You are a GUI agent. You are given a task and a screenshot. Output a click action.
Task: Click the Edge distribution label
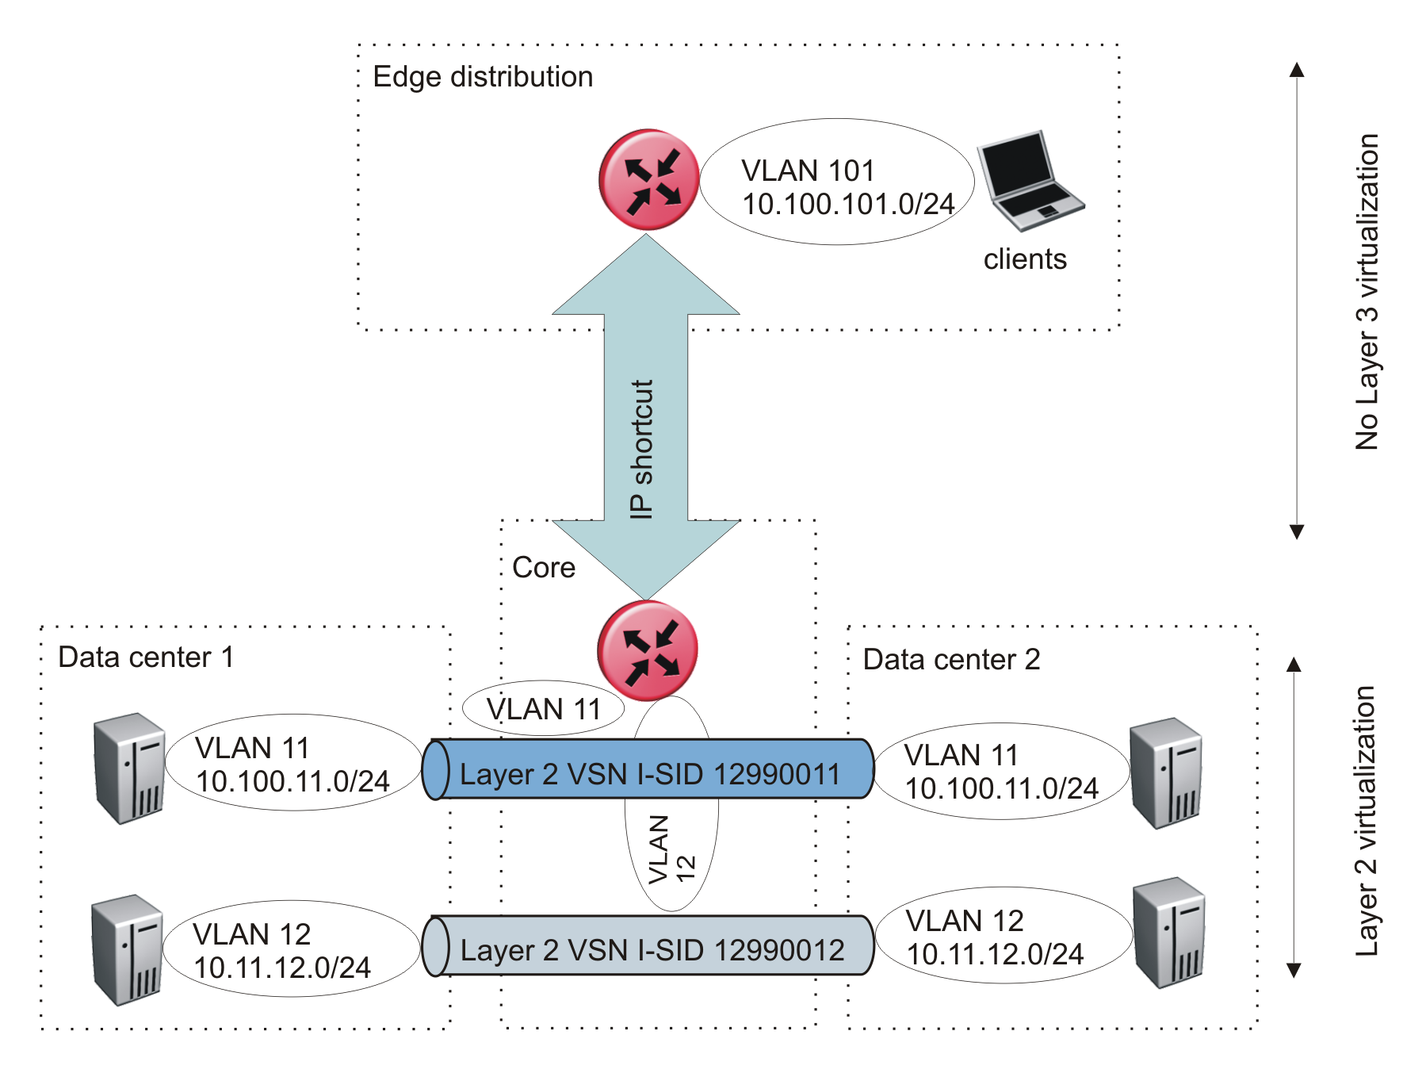click(483, 77)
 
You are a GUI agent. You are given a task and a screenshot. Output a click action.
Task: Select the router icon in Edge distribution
click(648, 180)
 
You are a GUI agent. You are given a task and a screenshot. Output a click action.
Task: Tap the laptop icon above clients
click(1029, 181)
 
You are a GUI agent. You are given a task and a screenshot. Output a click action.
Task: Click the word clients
click(1025, 259)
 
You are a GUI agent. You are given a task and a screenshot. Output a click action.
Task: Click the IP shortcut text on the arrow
click(641, 449)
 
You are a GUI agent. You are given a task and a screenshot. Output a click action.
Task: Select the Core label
click(544, 568)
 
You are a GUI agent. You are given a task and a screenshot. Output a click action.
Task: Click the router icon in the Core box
click(648, 650)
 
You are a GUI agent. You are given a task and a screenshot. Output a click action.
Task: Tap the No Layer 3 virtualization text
click(1367, 292)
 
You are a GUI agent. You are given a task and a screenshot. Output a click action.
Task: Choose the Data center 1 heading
click(146, 657)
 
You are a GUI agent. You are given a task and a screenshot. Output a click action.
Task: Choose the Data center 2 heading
click(951, 660)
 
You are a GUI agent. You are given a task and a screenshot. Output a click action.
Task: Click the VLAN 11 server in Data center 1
click(129, 768)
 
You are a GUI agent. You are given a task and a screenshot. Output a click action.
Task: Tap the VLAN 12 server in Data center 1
click(128, 950)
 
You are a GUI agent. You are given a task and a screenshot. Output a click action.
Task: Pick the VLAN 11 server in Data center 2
click(1165, 773)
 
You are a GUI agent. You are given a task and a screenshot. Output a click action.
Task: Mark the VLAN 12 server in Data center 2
click(1168, 933)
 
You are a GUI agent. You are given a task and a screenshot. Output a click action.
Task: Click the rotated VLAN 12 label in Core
click(671, 849)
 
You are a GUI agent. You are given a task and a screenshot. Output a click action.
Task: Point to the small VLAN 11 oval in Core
click(544, 709)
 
